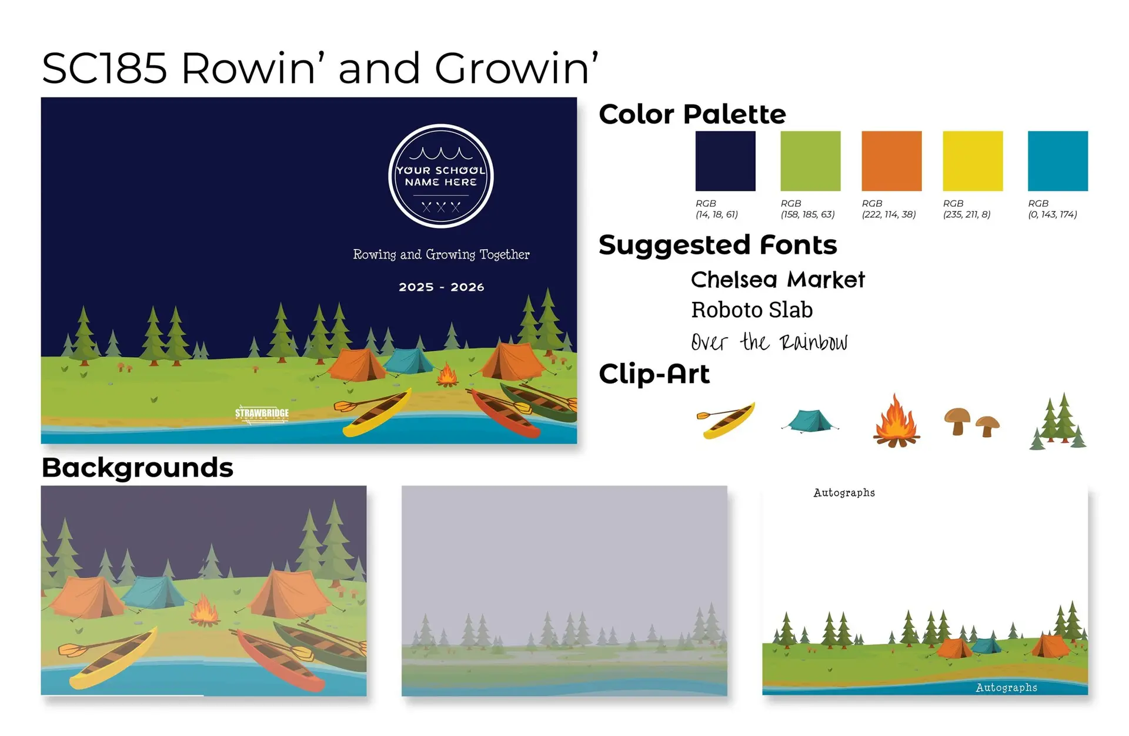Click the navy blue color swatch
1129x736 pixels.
[725, 161]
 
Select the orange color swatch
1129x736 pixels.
[891, 161]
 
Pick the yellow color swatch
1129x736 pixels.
[973, 161]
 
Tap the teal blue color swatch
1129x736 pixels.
[1058, 161]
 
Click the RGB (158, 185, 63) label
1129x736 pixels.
[807, 209]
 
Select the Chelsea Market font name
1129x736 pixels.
[777, 280]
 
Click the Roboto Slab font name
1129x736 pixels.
[751, 310]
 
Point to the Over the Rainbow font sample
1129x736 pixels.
[769, 342]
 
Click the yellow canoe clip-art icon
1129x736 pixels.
[726, 420]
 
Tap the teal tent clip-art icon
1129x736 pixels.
[810, 421]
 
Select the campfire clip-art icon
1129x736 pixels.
[896, 421]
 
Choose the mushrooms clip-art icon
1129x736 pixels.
[971, 422]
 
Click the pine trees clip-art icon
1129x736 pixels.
[1058, 421]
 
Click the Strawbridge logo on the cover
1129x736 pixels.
[262, 414]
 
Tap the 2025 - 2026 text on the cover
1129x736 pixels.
[442, 287]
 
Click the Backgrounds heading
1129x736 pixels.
[138, 468]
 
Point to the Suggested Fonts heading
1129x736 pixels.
[717, 245]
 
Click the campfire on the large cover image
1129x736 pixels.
[447, 375]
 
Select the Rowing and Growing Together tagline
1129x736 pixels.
[441, 254]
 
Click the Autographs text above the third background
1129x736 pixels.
[844, 493]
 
